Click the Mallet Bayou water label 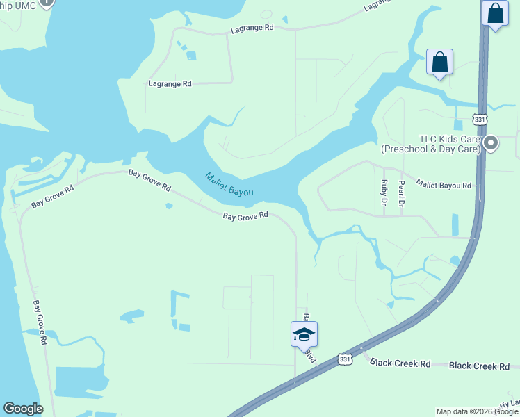tap(229, 183)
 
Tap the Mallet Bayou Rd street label tap(444, 185)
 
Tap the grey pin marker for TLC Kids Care tap(491, 143)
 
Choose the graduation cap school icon tap(304, 334)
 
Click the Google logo tap(23, 409)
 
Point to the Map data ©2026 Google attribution tap(477, 411)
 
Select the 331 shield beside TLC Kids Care tap(480, 119)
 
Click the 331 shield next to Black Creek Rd tap(346, 359)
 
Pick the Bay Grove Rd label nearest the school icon tap(245, 216)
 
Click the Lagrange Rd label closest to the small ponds tap(170, 83)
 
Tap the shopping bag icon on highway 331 tap(494, 14)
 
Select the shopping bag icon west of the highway tap(440, 63)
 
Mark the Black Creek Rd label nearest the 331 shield tap(400, 363)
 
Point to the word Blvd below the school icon tap(311, 355)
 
